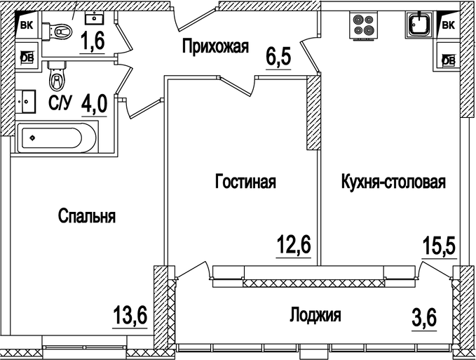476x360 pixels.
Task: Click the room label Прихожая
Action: tap(215, 48)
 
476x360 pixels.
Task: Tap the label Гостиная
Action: tap(245, 182)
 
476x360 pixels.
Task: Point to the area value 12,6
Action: tap(294, 246)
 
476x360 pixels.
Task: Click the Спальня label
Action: tap(87, 216)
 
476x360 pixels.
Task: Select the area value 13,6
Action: tap(130, 316)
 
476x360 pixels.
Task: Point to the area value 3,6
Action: tap(424, 316)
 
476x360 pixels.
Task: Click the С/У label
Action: tap(60, 105)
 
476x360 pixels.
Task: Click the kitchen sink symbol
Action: tap(419, 24)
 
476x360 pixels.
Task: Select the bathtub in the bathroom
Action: tap(57, 137)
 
